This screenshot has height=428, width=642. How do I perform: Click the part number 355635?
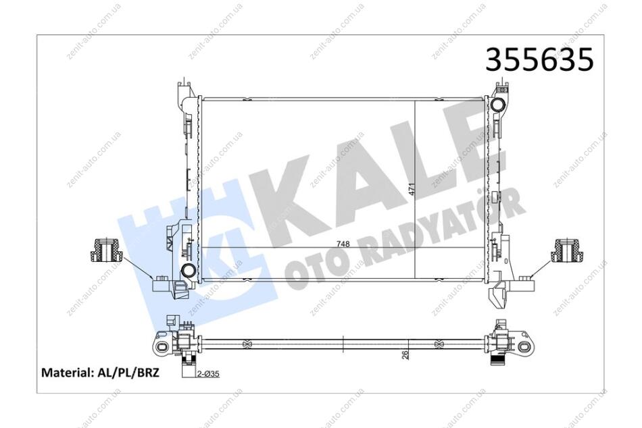[x=539, y=59]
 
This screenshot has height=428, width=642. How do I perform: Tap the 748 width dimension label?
[x=343, y=244]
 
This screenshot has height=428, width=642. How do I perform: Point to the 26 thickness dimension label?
[x=405, y=354]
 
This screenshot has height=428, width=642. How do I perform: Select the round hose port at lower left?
[x=189, y=271]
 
